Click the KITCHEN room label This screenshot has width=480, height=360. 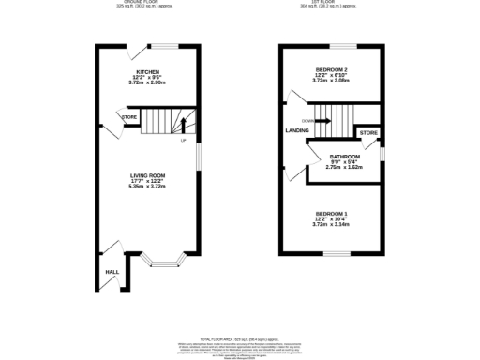(x=148, y=71)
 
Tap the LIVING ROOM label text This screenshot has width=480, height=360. (x=147, y=175)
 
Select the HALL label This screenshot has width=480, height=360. (x=112, y=271)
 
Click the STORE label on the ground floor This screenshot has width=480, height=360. (x=127, y=117)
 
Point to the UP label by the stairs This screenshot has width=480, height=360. (x=183, y=141)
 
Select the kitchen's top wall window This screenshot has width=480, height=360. (x=168, y=45)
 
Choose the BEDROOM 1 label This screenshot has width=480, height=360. (x=333, y=214)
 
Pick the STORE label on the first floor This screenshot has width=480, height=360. (x=368, y=133)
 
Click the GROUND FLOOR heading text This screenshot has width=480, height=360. (x=145, y=3)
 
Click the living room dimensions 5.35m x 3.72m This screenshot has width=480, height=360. (x=147, y=187)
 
